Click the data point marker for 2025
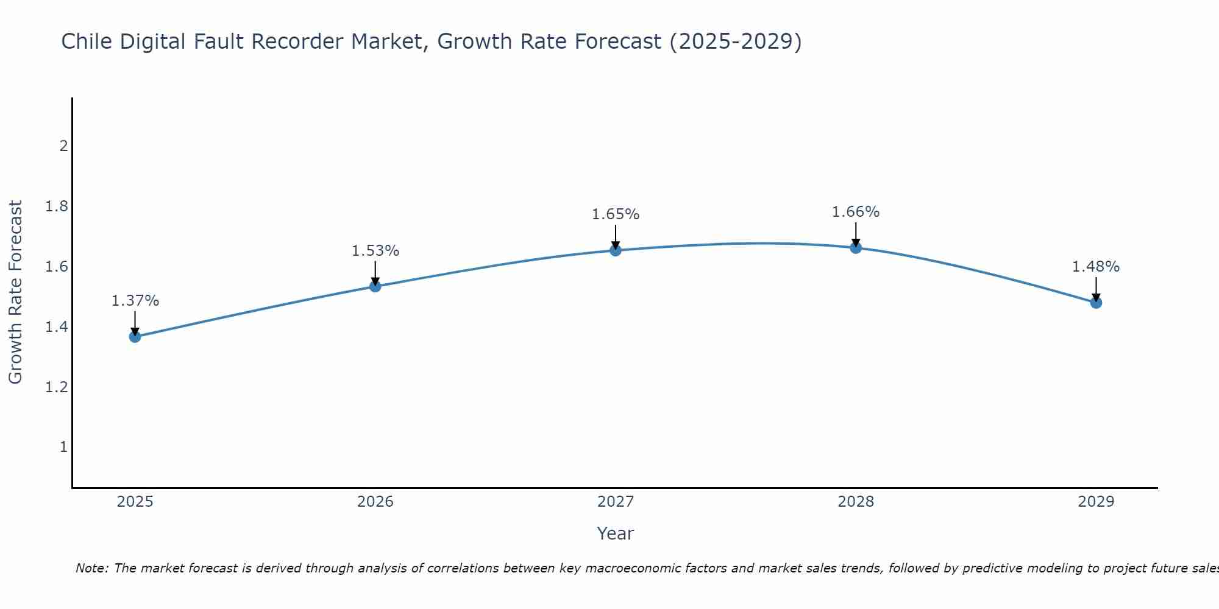(135, 336)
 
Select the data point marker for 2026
(375, 286)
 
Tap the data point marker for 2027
(616, 250)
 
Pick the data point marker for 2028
(856, 247)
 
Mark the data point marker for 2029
(1096, 302)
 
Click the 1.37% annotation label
(135, 301)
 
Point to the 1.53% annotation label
(375, 251)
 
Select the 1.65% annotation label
(616, 214)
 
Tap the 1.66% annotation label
(856, 212)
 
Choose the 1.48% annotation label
(1096, 267)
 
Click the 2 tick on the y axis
(63, 146)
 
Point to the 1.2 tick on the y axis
(57, 387)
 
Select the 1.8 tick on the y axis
(57, 206)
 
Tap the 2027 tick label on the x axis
(616, 502)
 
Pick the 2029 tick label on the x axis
(1096, 502)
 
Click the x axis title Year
(616, 533)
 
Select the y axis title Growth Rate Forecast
(15, 292)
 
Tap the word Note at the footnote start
(92, 568)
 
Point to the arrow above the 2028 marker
(856, 234)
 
